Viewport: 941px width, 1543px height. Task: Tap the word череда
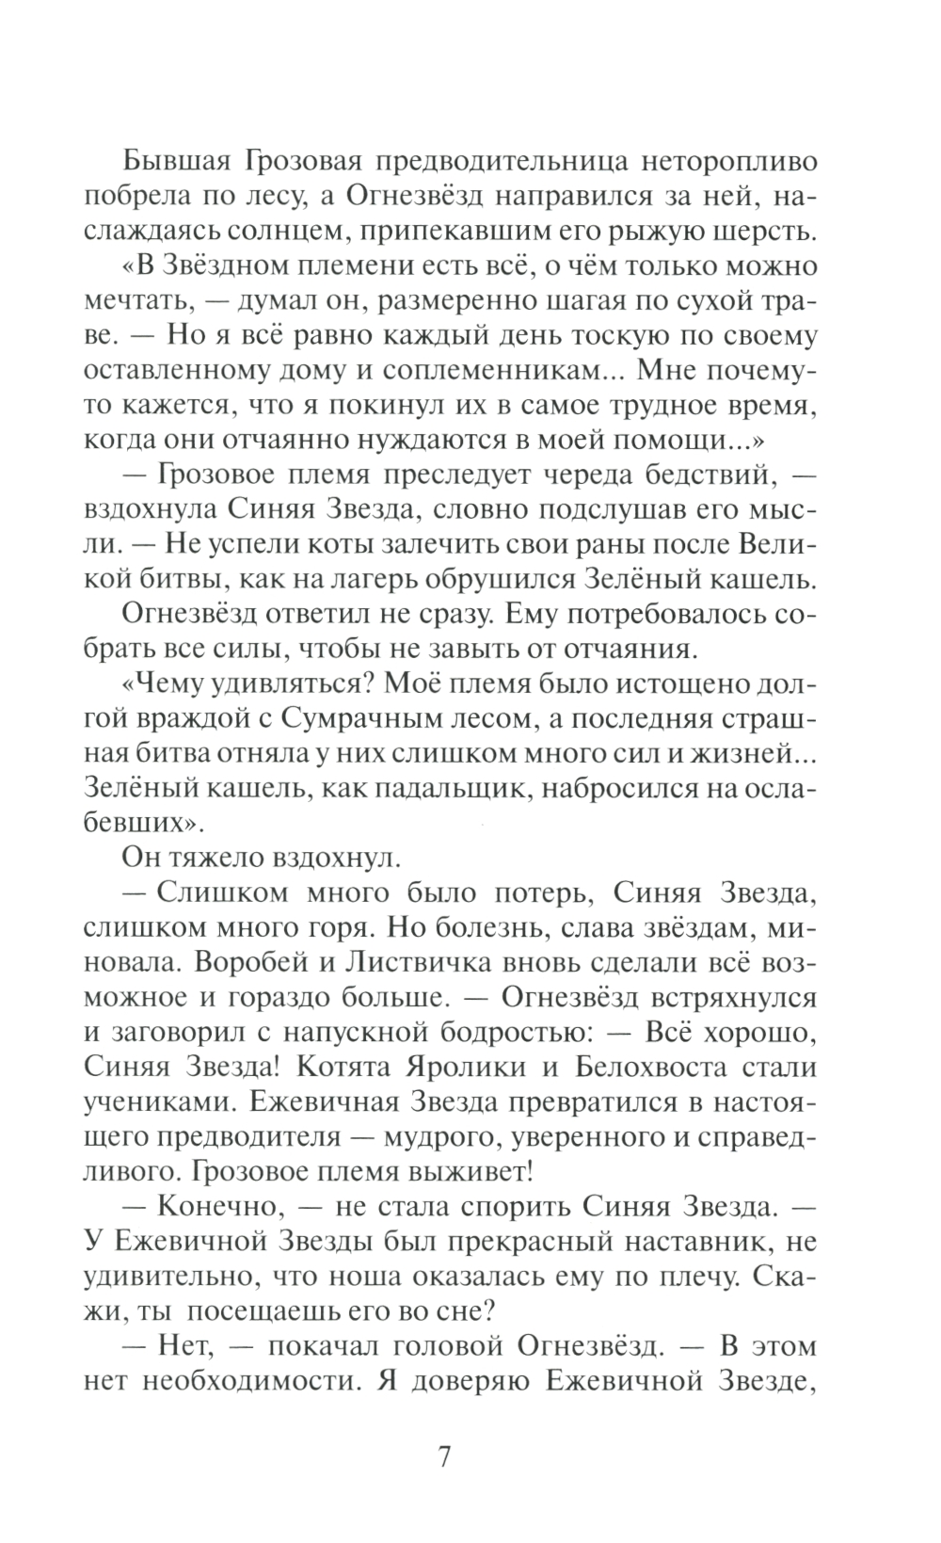point(576,477)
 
